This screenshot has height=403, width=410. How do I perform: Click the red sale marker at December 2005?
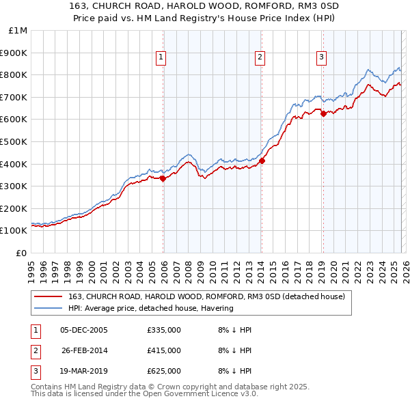point(163,178)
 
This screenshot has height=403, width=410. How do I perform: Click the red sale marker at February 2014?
point(262,161)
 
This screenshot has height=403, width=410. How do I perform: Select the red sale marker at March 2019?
point(323,114)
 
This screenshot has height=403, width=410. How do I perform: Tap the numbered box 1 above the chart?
point(161,58)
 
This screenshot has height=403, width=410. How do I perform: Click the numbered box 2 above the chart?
point(260,58)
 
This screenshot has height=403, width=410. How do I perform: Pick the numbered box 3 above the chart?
point(321,58)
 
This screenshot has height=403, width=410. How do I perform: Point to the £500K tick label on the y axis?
point(14,141)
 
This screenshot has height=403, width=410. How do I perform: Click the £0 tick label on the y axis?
point(20,253)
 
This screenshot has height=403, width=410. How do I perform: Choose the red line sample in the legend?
point(49,296)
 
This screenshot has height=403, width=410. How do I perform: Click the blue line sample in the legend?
point(49,308)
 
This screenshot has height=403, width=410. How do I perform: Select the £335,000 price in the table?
point(163,330)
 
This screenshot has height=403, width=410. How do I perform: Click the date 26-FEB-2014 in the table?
point(85,350)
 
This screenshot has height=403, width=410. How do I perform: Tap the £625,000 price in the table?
point(163,371)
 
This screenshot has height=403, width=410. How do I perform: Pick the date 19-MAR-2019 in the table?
point(85,371)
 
